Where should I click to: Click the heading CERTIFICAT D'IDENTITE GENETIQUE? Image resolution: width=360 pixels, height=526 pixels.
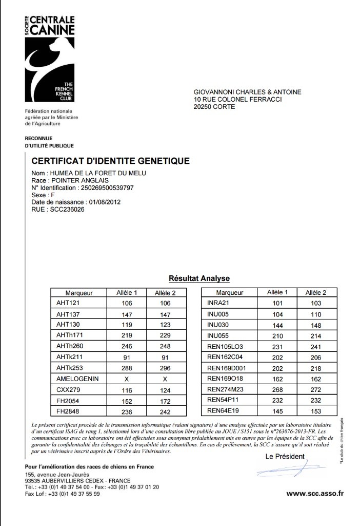click(111, 161)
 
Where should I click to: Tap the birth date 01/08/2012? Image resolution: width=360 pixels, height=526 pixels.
click(105, 202)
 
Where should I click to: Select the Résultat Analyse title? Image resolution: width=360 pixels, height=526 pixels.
click(199, 278)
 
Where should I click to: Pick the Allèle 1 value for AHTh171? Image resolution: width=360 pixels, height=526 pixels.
click(127, 335)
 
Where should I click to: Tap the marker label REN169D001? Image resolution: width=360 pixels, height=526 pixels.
click(227, 368)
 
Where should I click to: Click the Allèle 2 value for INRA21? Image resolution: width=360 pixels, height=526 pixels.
click(316, 304)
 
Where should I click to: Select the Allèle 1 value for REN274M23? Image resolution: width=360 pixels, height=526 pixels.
click(277, 389)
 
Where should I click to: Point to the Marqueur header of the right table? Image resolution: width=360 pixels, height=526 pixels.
click(230, 293)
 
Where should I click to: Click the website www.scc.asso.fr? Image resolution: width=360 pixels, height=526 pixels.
click(314, 494)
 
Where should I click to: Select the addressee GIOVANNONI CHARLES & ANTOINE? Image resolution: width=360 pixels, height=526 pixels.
click(248, 92)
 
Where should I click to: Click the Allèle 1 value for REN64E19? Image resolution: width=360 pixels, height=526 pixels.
click(277, 410)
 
